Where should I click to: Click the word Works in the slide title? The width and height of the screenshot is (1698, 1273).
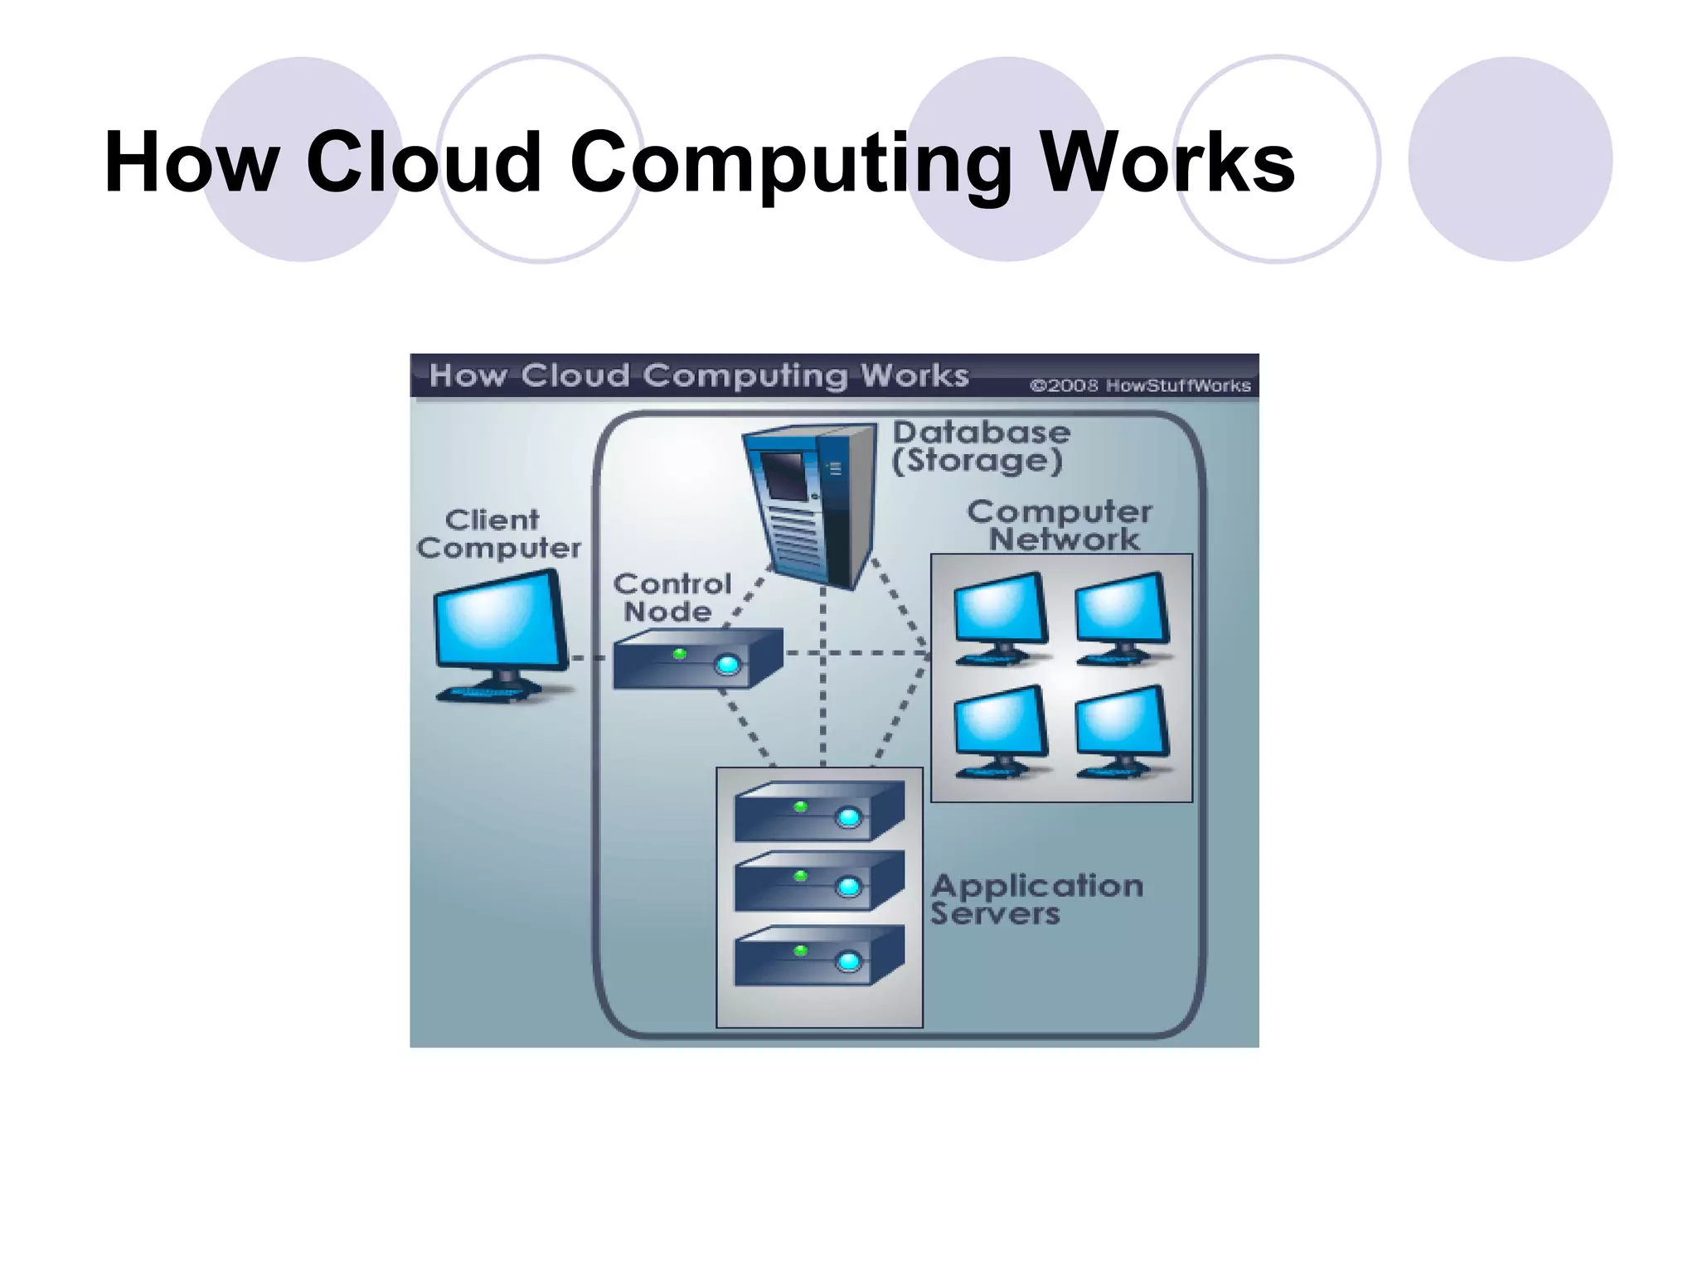1167,162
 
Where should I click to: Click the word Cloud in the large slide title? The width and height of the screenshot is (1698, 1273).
423,162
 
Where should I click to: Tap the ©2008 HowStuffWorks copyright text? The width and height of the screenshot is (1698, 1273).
1140,385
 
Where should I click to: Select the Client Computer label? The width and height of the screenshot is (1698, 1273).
498,534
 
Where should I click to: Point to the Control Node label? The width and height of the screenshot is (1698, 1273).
672,598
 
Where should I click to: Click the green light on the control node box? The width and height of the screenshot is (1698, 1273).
680,654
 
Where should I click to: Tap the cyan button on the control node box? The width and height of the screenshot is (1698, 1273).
727,665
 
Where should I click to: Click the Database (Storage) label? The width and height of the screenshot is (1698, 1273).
981,446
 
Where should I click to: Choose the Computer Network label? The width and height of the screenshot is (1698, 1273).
1060,525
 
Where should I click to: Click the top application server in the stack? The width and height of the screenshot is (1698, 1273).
818,813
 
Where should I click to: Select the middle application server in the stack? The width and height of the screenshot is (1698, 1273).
818,883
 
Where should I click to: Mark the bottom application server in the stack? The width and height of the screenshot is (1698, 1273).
818,957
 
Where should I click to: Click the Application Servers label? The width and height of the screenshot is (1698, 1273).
1036,899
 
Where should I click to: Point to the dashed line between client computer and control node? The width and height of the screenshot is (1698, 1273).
589,658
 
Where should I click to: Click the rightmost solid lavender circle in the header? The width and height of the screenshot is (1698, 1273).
1510,159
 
